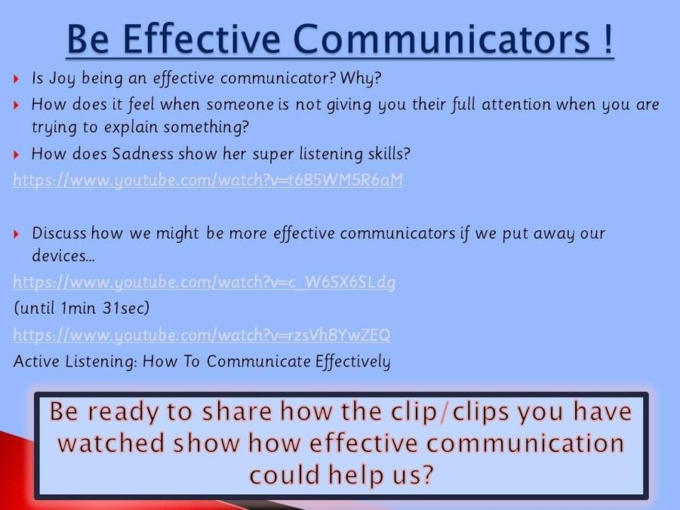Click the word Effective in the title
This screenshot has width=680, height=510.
click(202, 38)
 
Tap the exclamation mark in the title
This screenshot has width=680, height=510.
click(608, 38)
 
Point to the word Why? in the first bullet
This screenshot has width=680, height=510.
click(361, 78)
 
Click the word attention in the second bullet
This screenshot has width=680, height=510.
click(516, 105)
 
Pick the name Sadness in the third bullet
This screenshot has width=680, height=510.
click(143, 154)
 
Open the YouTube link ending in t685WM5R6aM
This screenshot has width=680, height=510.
click(208, 180)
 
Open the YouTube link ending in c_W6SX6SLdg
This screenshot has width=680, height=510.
click(205, 282)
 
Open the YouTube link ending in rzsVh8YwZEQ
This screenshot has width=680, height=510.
click(202, 335)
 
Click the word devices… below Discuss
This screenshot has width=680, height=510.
click(63, 256)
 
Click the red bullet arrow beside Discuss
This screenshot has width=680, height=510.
click(17, 234)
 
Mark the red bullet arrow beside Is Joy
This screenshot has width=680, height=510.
click(17, 79)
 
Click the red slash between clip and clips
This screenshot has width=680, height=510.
click(444, 412)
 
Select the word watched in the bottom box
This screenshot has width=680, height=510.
click(112, 443)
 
